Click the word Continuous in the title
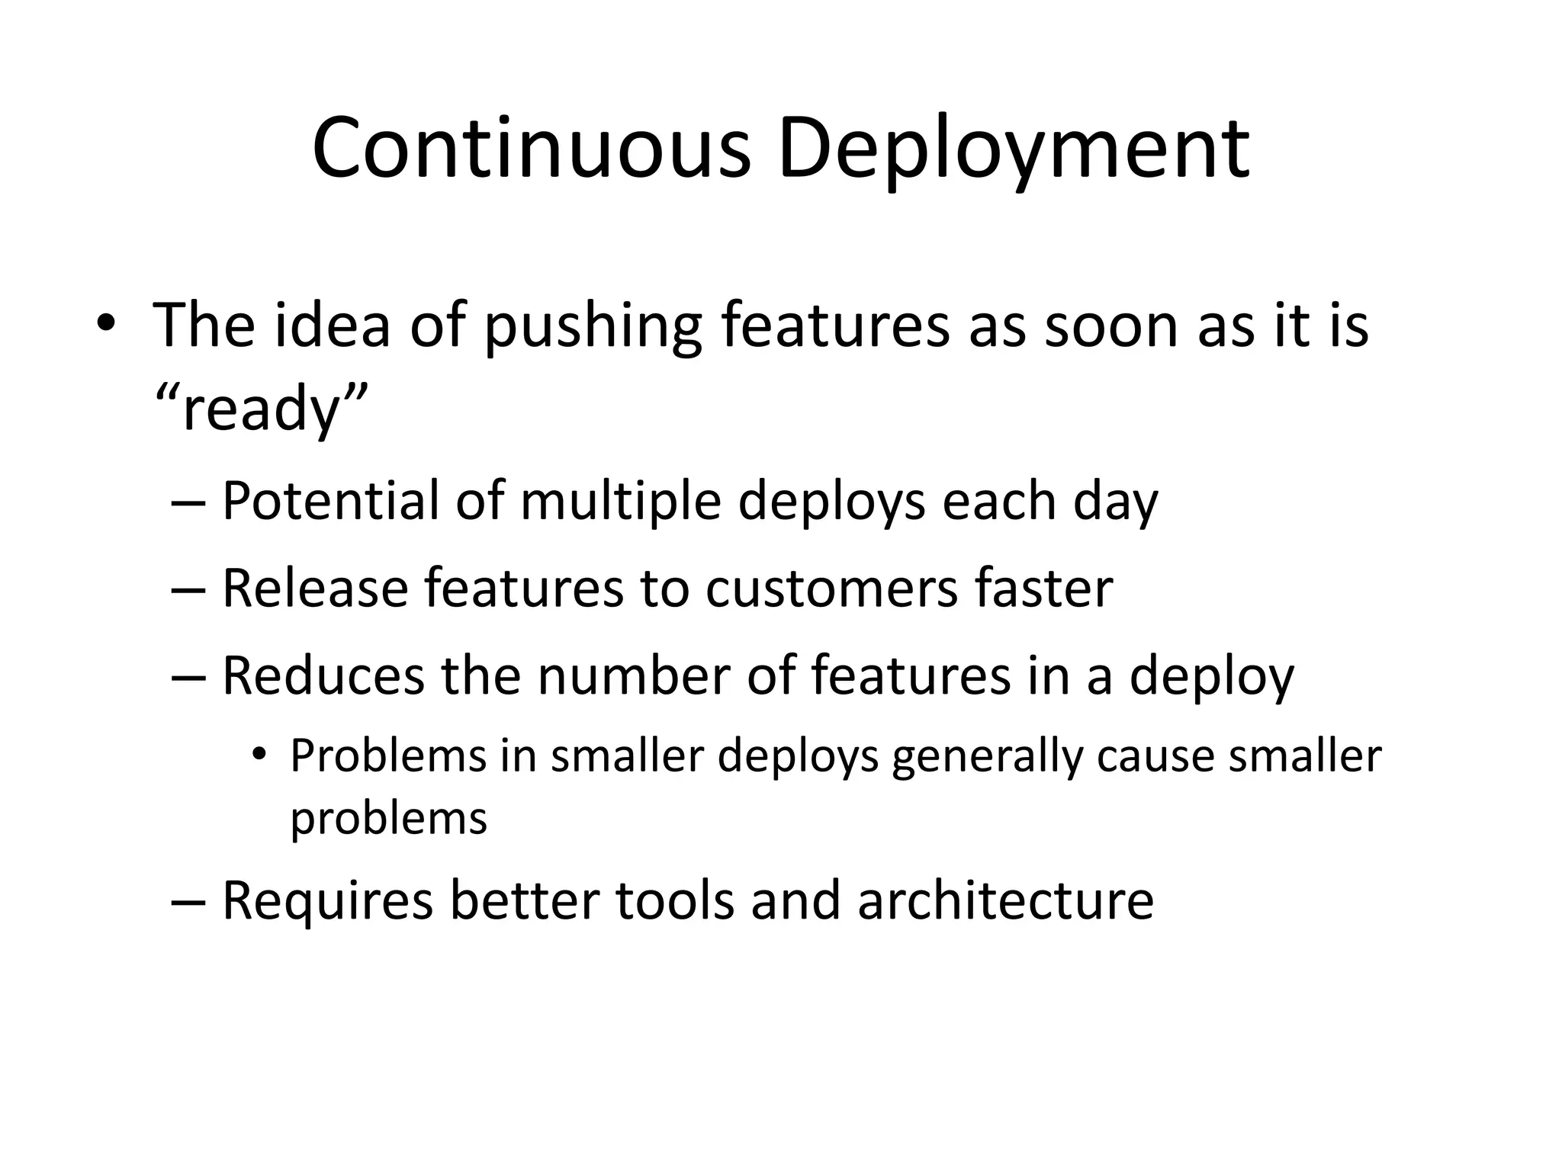[x=532, y=148]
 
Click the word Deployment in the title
[x=1014, y=148]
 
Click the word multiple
[x=620, y=502]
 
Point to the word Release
[x=315, y=589]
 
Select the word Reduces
[x=323, y=675]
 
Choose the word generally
[x=987, y=756]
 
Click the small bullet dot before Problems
[x=259, y=755]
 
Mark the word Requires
[x=327, y=900]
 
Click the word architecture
[x=1005, y=900]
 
